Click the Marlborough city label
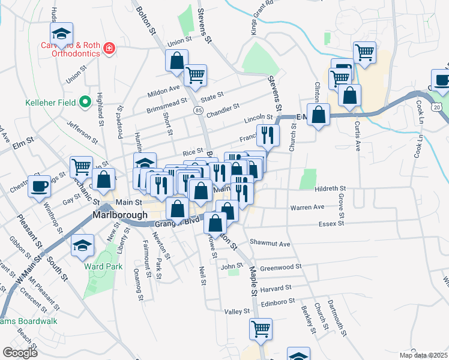120,215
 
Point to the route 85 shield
198,110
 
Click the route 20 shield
438,106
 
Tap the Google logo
20,353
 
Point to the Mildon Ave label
166,88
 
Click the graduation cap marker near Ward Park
82,245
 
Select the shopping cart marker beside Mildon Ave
196,75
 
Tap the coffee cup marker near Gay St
40,185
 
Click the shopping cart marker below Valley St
261,328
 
